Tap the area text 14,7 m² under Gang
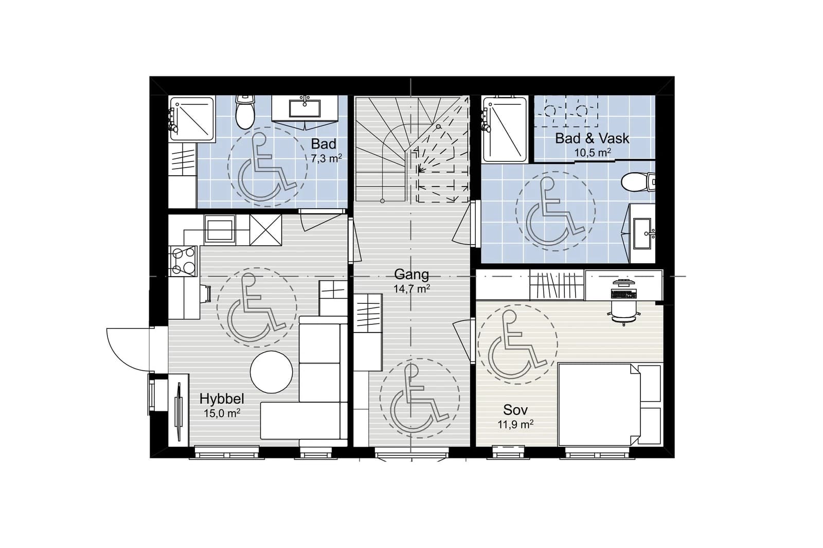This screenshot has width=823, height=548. [412, 289]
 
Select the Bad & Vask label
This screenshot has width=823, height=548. [592, 138]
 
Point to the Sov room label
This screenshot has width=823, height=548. [515, 410]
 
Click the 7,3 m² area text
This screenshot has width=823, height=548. [327, 158]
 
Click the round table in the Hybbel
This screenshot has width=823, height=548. [271, 372]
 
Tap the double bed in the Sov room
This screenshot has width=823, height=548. [599, 405]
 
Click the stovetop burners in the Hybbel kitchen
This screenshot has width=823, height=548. [183, 261]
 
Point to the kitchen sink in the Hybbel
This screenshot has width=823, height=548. [220, 230]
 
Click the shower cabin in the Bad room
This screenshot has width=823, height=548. [192, 119]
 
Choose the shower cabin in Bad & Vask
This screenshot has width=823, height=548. [505, 129]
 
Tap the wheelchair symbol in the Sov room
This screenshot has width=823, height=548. [517, 344]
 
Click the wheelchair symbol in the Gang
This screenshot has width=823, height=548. [419, 398]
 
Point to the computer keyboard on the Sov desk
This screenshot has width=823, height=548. [623, 294]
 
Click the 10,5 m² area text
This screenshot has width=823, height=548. [592, 152]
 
